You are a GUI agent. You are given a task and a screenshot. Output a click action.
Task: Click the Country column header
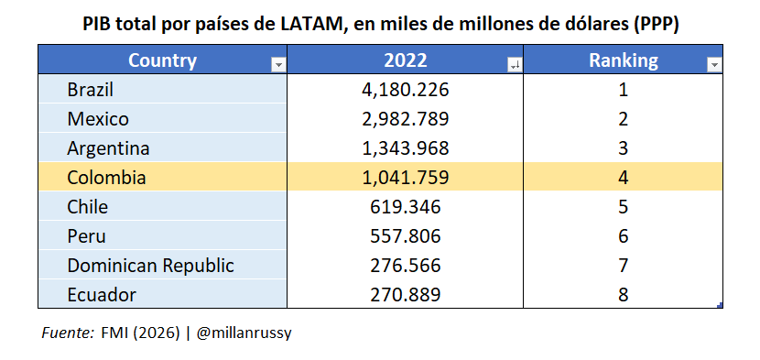(162, 61)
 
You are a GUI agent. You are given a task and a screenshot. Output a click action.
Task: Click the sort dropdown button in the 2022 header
(514, 64)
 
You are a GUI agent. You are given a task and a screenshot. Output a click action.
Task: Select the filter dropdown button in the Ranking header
(714, 64)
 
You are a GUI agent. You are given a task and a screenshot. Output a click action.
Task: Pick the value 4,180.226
(404, 90)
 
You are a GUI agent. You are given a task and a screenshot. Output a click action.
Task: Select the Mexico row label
(98, 119)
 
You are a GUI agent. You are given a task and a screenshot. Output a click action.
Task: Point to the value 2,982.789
(404, 119)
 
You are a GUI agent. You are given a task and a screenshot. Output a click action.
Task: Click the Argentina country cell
(108, 148)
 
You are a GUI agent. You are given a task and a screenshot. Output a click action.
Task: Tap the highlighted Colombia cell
(106, 178)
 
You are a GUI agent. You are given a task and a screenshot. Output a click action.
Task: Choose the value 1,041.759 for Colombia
(404, 178)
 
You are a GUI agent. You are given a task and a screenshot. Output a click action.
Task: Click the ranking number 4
(623, 178)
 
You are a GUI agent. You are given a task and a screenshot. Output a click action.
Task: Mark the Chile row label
(88, 207)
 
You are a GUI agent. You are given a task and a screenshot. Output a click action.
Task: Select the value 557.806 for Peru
(404, 236)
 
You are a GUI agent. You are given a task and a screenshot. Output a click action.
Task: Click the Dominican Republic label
(150, 266)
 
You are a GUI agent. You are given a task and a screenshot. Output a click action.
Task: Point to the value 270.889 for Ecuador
(404, 295)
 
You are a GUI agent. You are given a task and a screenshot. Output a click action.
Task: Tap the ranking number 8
(623, 295)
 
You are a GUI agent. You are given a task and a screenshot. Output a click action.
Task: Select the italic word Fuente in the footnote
(67, 333)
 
